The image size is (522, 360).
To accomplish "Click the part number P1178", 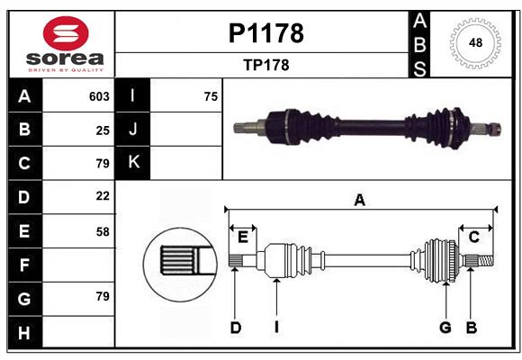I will (265, 33).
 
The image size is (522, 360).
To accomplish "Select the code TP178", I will (265, 65).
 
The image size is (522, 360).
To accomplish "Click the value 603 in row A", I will (99, 96).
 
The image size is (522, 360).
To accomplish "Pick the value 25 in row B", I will (103, 130).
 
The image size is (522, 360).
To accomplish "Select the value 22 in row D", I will (103, 195).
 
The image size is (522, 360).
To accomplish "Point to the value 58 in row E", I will (103, 231).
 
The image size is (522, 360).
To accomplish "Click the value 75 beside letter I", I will (211, 96).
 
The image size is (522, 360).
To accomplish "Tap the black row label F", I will (23, 265).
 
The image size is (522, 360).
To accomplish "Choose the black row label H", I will (23, 333).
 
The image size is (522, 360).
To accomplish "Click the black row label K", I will (134, 163).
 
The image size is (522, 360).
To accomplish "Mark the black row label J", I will (134, 130).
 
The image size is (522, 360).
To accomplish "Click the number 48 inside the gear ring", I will (473, 42).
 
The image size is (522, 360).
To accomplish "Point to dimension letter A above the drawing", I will (360, 200).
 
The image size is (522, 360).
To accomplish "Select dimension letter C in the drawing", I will (473, 237).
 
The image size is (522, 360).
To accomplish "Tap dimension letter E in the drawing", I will (243, 237).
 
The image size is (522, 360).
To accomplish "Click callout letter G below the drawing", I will (445, 328).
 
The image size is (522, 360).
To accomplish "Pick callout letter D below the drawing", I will (235, 328).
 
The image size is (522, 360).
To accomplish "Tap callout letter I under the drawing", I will (276, 328).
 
